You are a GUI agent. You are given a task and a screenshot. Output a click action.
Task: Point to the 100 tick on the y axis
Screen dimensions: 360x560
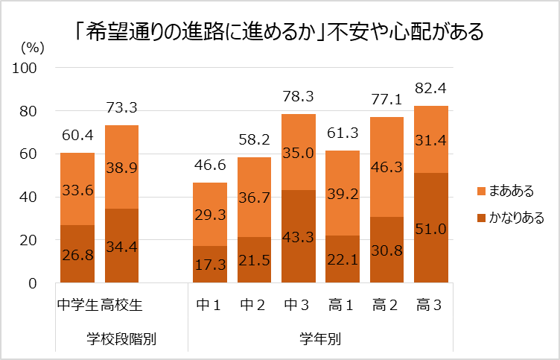point(27,68)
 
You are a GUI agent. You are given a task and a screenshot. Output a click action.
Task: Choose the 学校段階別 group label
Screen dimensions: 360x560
point(121,339)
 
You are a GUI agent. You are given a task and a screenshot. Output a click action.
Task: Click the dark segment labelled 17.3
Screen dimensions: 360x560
point(210,265)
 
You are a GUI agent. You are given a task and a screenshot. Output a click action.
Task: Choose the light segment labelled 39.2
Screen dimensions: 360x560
point(343,193)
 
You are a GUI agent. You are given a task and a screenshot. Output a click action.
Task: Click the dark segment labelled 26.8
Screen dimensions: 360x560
point(77,254)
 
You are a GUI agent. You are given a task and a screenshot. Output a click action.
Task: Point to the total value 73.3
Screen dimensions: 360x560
point(121,108)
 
